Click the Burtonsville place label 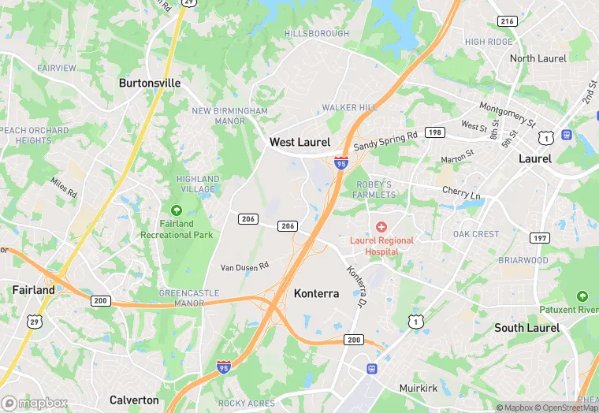[150, 83]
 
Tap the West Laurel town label [299, 143]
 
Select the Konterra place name [316, 294]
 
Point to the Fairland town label [33, 290]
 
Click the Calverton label [134, 400]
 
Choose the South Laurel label [526, 328]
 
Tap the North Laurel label [538, 58]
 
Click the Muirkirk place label [418, 388]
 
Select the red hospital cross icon [381, 227]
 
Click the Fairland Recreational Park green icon [176, 210]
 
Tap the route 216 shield [506, 21]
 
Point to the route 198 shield [434, 132]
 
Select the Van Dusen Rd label [244, 266]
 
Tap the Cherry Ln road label [461, 192]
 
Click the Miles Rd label [65, 188]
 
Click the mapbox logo [35, 403]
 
